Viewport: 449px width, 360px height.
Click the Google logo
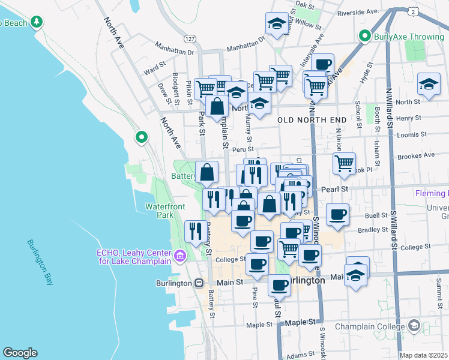pos(20,353)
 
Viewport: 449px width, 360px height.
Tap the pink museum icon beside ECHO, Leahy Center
pos(179,257)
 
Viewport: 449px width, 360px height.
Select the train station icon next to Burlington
pos(198,283)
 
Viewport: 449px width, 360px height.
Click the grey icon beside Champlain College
pos(414,326)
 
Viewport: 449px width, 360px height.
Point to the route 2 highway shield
pos(413,11)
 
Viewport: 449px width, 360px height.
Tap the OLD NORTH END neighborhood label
pos(312,120)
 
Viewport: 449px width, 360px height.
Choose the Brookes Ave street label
pos(416,155)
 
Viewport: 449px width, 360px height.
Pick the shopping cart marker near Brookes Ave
pos(344,163)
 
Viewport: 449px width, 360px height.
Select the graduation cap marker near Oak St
pos(276,24)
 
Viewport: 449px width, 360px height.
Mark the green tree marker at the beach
pos(37,22)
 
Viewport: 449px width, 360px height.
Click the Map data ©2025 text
pos(423,355)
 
